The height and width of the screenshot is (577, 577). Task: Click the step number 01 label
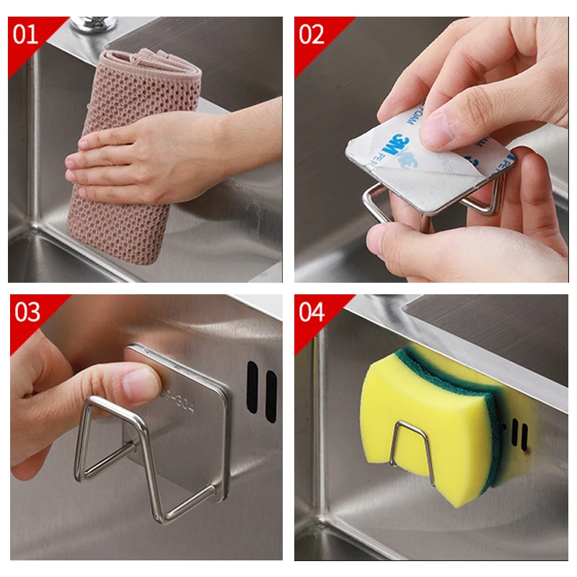point(26,34)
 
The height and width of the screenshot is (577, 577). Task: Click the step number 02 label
point(312,34)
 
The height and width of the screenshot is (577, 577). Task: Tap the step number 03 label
point(27,312)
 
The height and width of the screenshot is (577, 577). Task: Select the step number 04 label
point(312,312)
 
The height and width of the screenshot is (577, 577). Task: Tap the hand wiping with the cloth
point(137,155)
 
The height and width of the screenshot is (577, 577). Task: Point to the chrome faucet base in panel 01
point(93,24)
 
